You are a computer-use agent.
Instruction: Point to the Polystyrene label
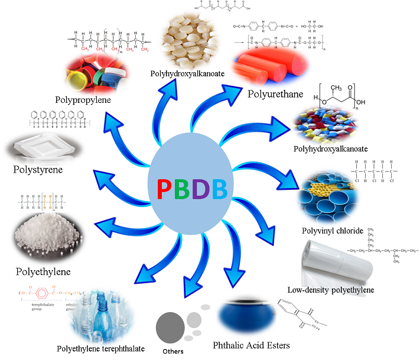[x=37, y=170]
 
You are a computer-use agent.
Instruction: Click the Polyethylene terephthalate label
[x=100, y=349]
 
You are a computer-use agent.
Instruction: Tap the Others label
[x=172, y=352]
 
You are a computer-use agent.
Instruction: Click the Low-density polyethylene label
[x=331, y=290]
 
